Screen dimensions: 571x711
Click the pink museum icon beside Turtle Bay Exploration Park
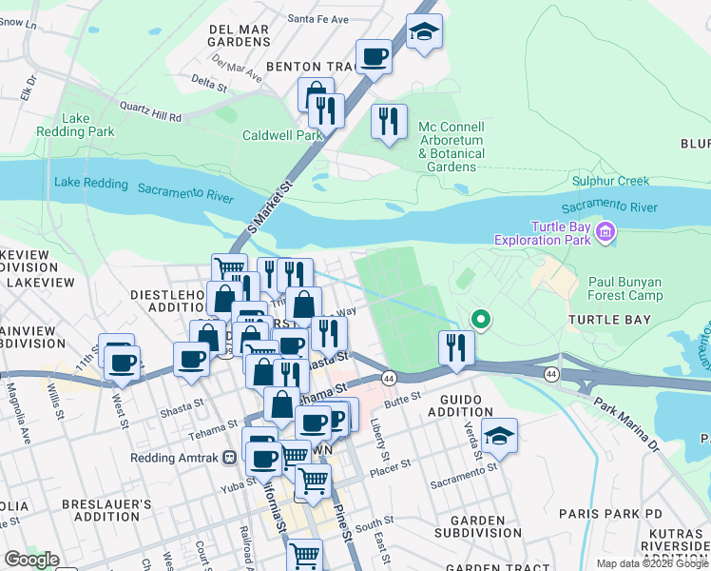click(605, 231)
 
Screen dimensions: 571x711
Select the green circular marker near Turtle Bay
click(482, 320)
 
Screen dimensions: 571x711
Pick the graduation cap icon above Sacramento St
click(499, 436)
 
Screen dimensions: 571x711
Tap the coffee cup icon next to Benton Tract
click(375, 57)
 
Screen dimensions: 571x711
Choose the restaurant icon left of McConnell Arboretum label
click(389, 122)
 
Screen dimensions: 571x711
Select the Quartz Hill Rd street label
click(147, 112)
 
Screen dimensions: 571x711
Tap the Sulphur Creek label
click(610, 181)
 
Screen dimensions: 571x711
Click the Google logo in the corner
click(30, 560)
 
